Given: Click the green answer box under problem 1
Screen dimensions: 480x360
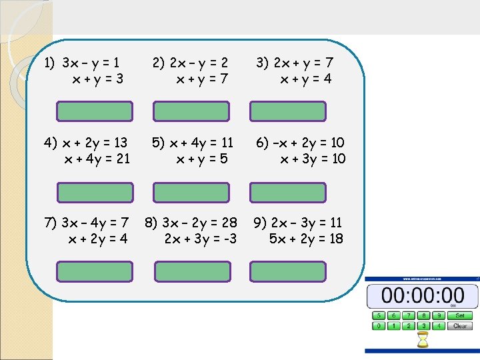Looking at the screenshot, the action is click(x=95, y=111).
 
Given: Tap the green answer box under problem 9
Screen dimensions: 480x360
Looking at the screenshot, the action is click(x=287, y=271).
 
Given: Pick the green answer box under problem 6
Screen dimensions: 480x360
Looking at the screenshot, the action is click(x=287, y=192).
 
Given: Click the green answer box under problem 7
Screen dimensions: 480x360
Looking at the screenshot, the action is click(x=95, y=271).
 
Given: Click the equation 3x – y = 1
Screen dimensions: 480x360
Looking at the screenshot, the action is click(x=91, y=63).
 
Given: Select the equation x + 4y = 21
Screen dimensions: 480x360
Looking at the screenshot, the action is click(x=97, y=159).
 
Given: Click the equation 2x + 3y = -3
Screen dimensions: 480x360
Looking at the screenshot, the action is click(x=200, y=238).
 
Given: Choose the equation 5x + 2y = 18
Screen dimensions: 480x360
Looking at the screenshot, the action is click(x=306, y=238).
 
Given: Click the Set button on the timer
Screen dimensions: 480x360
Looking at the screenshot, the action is click(x=459, y=315).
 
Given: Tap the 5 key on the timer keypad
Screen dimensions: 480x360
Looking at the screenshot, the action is click(x=379, y=315).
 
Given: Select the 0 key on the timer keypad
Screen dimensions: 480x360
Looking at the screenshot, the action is click(x=379, y=326).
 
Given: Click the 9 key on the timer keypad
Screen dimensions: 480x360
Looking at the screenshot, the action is click(x=438, y=315).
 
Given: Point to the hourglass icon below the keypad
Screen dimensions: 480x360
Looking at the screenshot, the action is click(x=422, y=341).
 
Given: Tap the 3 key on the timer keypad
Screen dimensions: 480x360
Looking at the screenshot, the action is click(x=423, y=326).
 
